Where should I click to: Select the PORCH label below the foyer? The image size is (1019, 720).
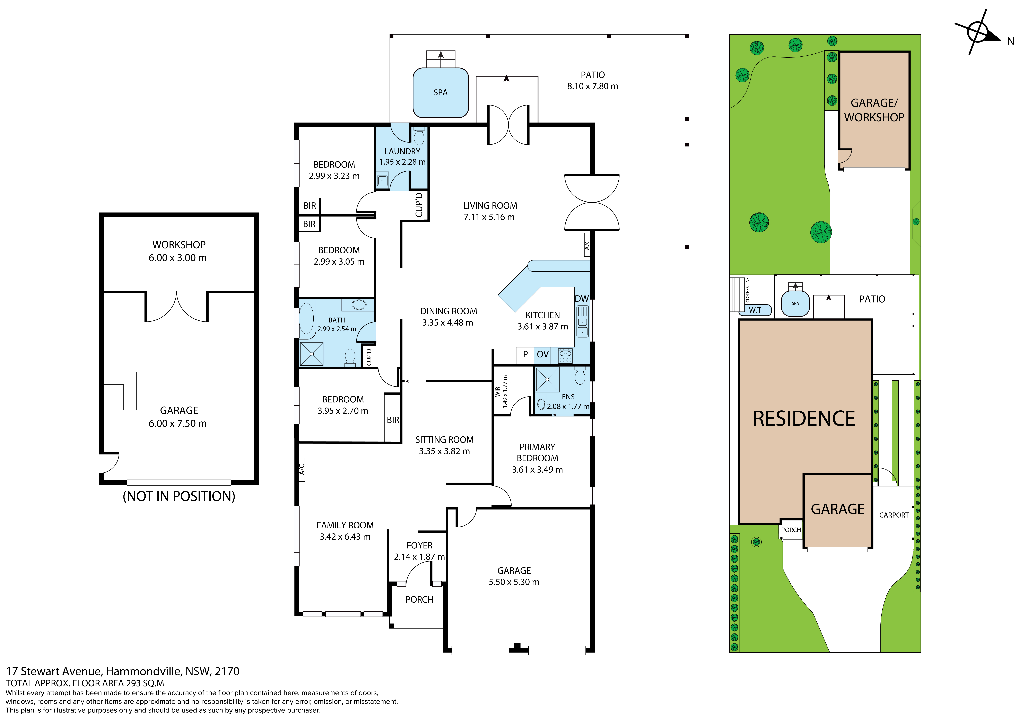pos(419,599)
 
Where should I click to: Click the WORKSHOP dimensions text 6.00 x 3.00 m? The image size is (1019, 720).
pos(177,258)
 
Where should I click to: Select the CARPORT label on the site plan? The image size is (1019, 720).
pos(894,515)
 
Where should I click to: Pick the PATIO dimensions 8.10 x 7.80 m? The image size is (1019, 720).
pos(592,86)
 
